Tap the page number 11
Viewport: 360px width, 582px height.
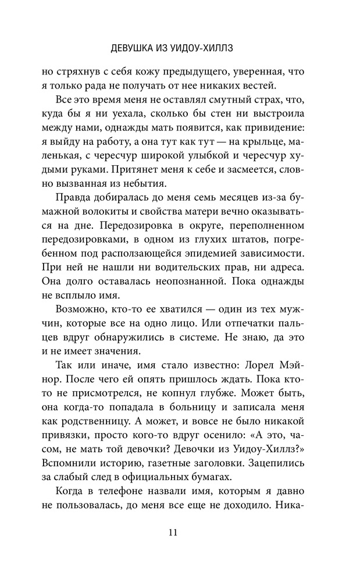180,532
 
